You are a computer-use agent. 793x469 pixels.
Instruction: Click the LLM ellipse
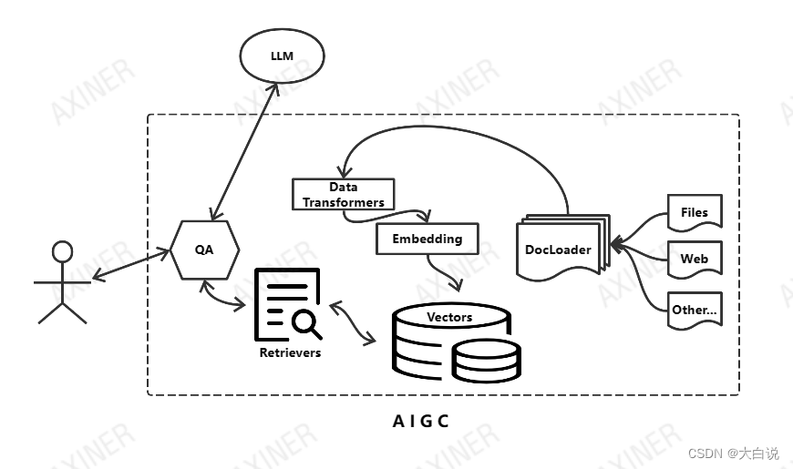[282, 56]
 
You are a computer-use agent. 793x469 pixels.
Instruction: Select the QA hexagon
[204, 249]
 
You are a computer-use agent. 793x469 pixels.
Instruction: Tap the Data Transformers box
[344, 194]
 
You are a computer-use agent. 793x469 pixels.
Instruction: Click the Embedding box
[427, 239]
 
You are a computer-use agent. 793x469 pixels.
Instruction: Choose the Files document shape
[695, 212]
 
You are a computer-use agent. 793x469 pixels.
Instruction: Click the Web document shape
[695, 259]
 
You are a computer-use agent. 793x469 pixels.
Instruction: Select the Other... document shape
[695, 309]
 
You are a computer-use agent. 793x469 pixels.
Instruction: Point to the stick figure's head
[62, 251]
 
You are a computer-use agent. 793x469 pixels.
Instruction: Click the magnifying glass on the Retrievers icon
[305, 322]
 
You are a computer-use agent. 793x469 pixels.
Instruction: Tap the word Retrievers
[290, 352]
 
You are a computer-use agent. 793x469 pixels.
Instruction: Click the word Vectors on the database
[449, 317]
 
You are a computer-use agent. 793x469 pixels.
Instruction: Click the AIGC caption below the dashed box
[420, 421]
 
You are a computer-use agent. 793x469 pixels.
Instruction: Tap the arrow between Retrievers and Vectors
[354, 322]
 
